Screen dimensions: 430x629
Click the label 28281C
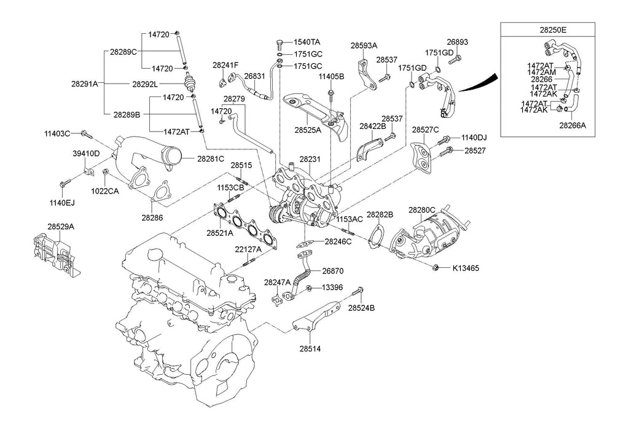tap(211, 158)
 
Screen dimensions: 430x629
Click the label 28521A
tap(219, 233)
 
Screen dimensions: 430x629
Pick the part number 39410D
tap(86, 153)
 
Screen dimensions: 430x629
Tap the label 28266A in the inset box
tap(572, 125)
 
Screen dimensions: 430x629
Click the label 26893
tap(457, 42)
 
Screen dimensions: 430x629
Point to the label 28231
tap(310, 159)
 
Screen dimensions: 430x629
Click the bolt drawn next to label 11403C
tap(85, 133)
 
